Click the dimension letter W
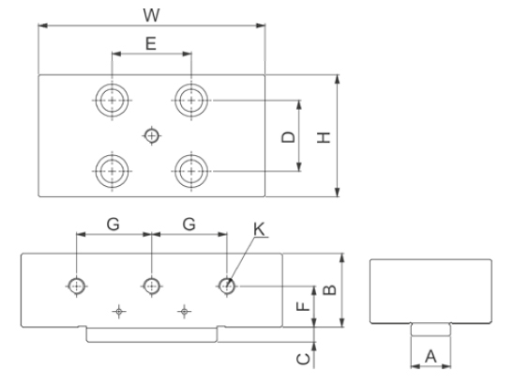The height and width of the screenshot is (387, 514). coord(151,15)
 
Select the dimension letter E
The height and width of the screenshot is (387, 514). coord(151,43)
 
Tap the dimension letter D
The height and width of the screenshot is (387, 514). coord(289,137)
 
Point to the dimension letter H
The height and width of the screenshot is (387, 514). coord(324,137)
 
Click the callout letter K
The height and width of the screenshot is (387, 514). coord(259,229)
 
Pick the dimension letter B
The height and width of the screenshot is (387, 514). coord(330,290)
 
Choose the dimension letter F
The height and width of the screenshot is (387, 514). coord(303,306)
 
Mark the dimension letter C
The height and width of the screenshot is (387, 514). coord(303,359)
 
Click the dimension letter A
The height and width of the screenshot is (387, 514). coord(431,356)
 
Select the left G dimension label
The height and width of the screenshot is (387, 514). coord(113,224)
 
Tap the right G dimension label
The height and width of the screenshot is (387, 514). coord(189,224)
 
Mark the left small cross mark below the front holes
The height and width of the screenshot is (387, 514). coord(119,311)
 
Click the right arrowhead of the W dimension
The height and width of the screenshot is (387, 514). coord(261,25)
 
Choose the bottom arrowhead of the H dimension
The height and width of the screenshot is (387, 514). coord(338,192)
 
